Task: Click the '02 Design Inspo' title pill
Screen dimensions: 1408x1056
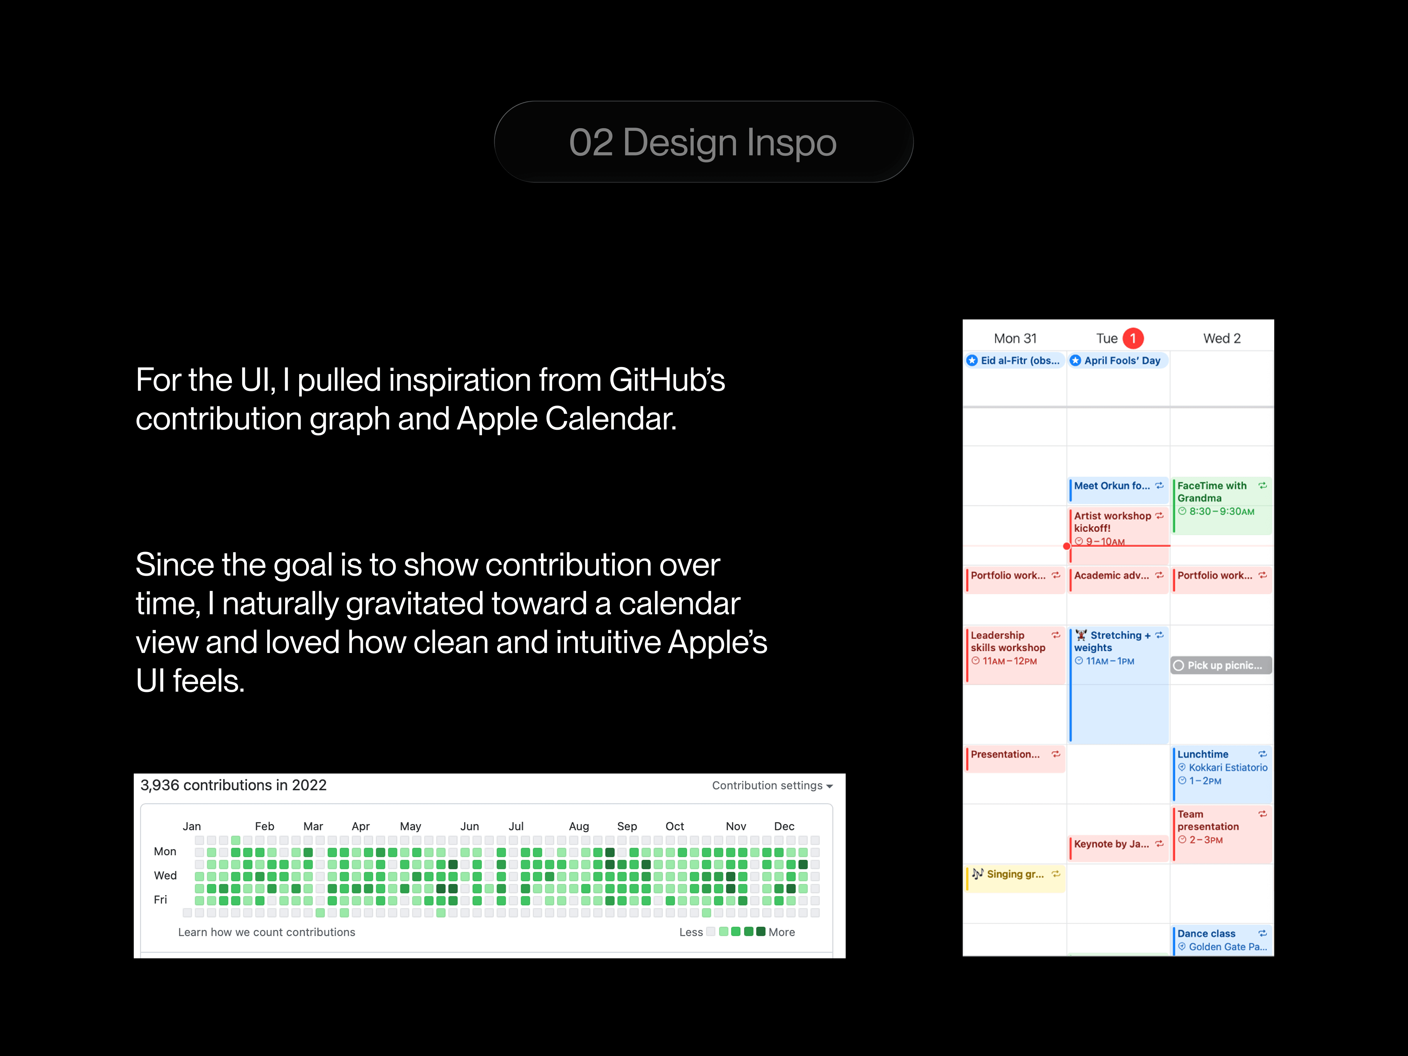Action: (x=703, y=142)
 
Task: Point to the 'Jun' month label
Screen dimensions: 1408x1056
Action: (x=470, y=826)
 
